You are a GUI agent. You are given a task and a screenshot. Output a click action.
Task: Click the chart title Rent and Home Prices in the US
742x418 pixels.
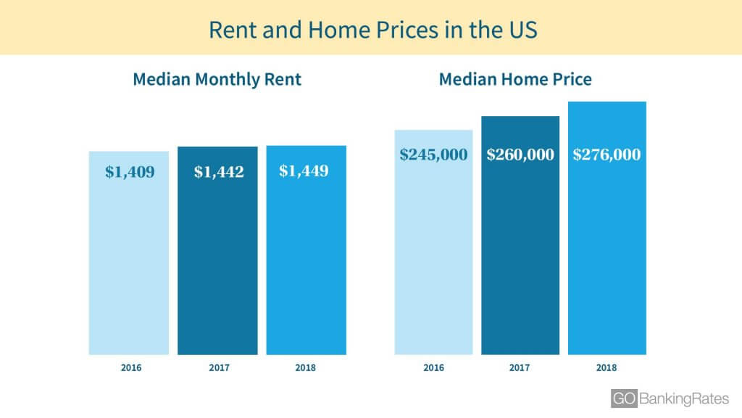[x=373, y=30]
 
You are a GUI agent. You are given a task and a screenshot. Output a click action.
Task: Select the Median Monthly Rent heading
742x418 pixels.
[x=217, y=80]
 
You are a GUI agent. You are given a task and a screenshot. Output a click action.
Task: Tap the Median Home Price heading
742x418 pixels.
[x=515, y=79]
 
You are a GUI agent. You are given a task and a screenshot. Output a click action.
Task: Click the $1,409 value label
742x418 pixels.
[x=130, y=171]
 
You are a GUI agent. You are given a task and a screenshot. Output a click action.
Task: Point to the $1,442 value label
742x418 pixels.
[x=219, y=171]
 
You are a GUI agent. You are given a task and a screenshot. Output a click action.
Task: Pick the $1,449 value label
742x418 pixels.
[x=304, y=171]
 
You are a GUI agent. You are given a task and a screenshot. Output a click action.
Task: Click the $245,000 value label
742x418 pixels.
[x=433, y=155]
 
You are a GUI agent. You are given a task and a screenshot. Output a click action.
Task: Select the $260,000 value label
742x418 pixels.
[x=520, y=155]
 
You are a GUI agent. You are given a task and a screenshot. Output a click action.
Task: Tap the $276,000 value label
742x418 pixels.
[x=606, y=155]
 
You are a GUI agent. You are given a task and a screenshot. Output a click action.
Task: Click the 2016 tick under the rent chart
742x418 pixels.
[x=131, y=368]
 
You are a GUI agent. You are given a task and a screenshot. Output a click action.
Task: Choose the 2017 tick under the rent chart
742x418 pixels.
[x=219, y=368]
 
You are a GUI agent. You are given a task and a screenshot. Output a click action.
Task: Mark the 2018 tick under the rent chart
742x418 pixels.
[x=305, y=368]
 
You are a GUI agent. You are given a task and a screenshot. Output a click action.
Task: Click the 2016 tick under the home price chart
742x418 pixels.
[x=433, y=368]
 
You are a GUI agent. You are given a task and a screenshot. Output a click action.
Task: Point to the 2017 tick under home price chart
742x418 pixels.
[x=519, y=368]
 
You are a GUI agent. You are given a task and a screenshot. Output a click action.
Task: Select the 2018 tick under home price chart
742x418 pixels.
[x=606, y=368]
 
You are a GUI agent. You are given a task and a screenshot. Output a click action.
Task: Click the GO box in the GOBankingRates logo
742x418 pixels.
[x=624, y=398]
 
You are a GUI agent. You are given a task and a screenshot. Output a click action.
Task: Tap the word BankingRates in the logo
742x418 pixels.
[x=684, y=399]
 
